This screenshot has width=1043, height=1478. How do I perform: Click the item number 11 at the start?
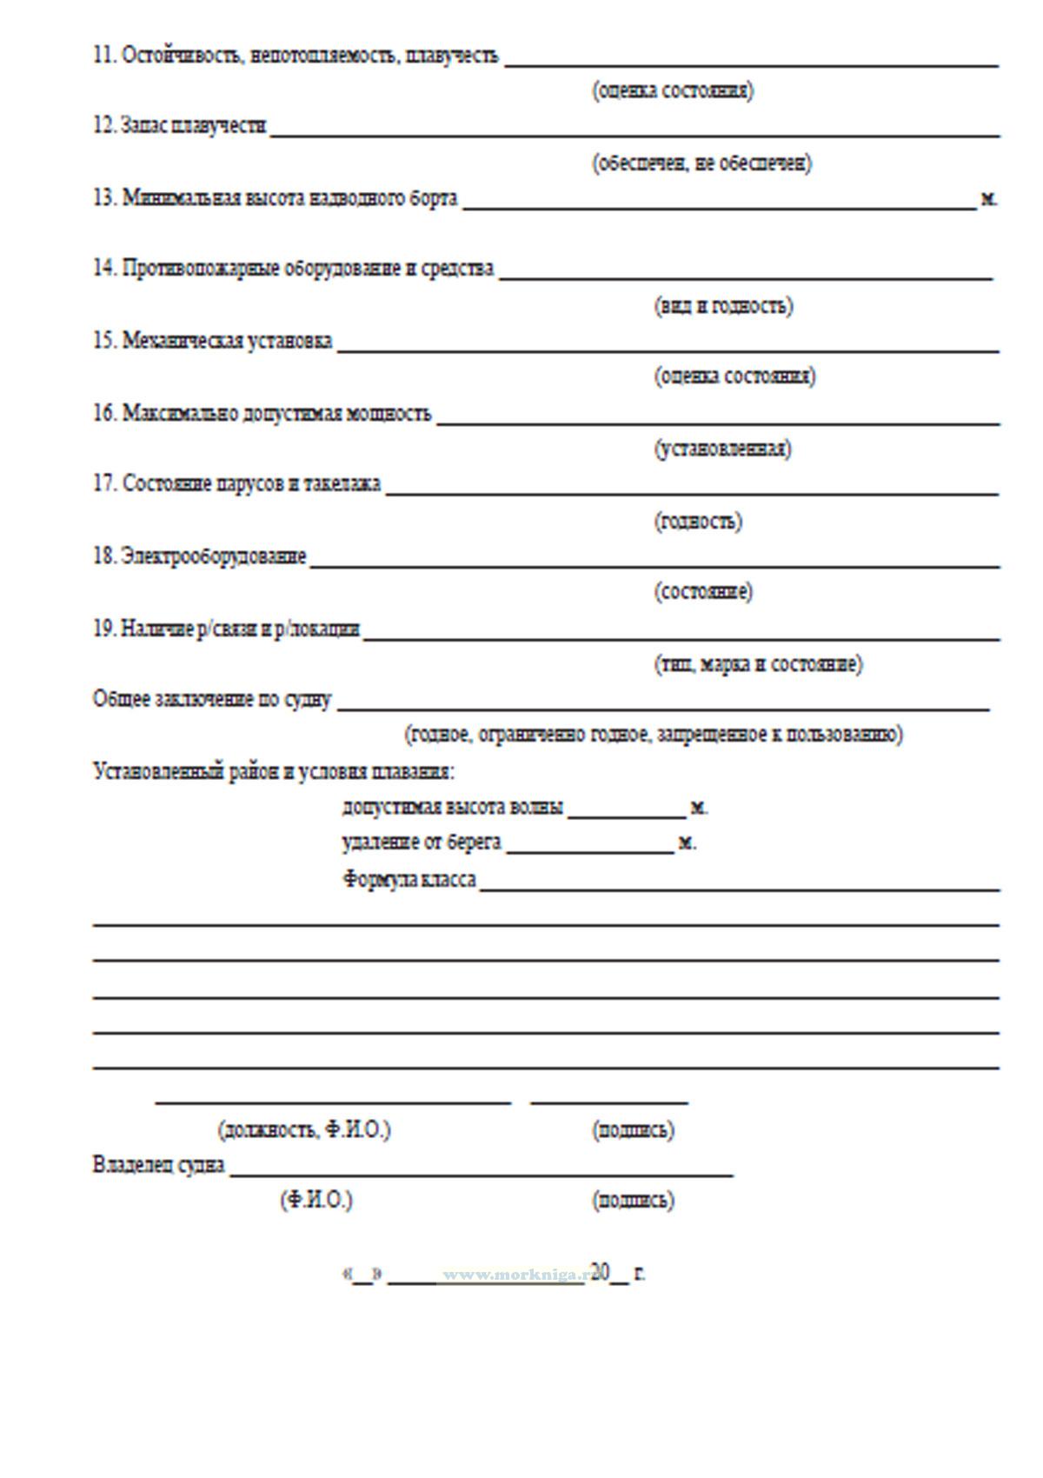104,56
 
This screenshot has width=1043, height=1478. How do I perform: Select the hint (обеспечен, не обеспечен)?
702,163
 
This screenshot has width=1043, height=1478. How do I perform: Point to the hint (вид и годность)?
723,306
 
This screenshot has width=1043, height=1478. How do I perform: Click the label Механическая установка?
227,341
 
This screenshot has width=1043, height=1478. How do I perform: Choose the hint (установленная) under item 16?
723,449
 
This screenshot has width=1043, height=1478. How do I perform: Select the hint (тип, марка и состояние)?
758,665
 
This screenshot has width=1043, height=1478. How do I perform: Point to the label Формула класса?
409,880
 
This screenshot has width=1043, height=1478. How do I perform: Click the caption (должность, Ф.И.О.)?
304,1130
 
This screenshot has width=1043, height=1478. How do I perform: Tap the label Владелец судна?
158,1165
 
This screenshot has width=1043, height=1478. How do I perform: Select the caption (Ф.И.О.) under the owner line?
316,1201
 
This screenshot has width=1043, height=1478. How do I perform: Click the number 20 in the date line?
600,1273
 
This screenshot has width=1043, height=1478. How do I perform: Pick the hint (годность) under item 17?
698,522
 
